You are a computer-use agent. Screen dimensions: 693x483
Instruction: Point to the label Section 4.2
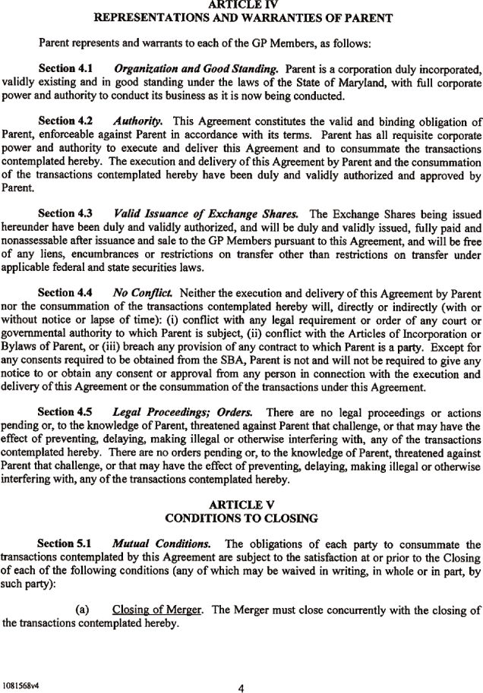[x=65, y=121]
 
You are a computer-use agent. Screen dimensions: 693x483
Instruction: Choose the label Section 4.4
[x=65, y=291]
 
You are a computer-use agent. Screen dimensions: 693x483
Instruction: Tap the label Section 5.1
[x=65, y=543]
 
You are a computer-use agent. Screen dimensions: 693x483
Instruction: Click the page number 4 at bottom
[x=241, y=668]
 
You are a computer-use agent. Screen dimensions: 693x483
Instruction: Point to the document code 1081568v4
[x=21, y=663]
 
